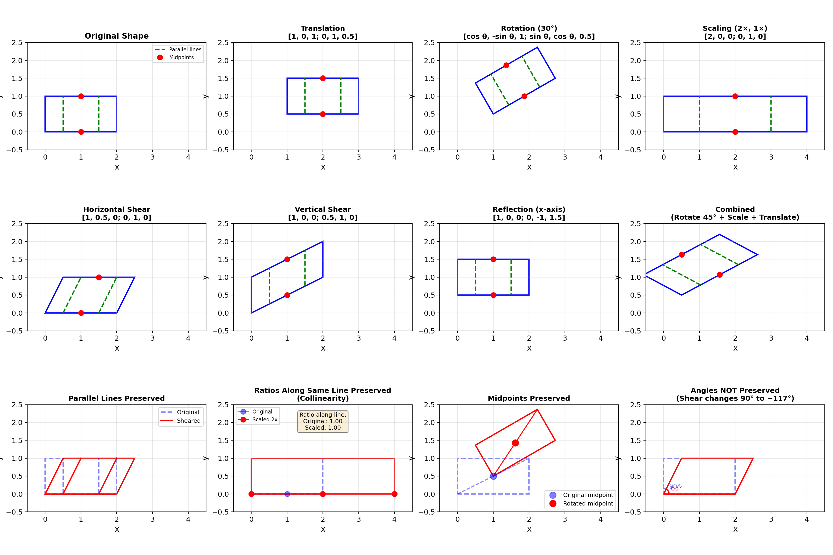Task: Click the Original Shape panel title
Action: [117, 36]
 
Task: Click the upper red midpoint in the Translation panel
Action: [323, 78]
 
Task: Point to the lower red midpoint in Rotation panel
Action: [524, 96]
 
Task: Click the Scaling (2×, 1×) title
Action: [735, 28]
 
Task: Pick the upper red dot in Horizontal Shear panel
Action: [99, 277]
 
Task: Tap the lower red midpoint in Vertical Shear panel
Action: [287, 295]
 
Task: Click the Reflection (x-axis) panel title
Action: [529, 210]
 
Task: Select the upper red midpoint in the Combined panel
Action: [681, 255]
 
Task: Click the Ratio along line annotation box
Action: [323, 421]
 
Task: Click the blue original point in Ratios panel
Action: [287, 494]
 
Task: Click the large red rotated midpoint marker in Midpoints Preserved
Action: [515, 443]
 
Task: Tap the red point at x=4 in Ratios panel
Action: [395, 494]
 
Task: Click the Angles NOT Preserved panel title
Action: [735, 390]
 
